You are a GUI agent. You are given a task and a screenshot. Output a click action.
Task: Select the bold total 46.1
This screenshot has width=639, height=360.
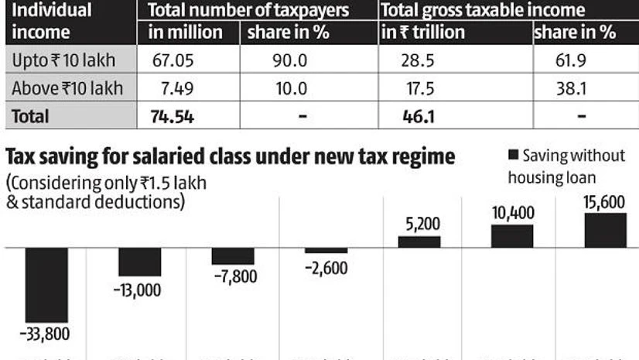click(412, 116)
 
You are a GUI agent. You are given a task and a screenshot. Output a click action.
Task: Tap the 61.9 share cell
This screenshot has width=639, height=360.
click(582, 60)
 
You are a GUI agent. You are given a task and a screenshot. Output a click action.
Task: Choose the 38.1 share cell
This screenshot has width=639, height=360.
click(582, 88)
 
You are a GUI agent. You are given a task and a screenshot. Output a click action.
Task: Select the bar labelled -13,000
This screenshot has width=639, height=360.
click(140, 262)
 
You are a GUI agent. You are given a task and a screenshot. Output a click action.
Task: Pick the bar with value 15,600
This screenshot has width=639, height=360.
click(605, 230)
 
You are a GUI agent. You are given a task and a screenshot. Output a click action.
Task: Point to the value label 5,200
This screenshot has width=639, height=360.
click(419, 225)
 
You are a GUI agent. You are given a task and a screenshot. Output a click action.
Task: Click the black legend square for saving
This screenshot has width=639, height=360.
click(513, 155)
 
